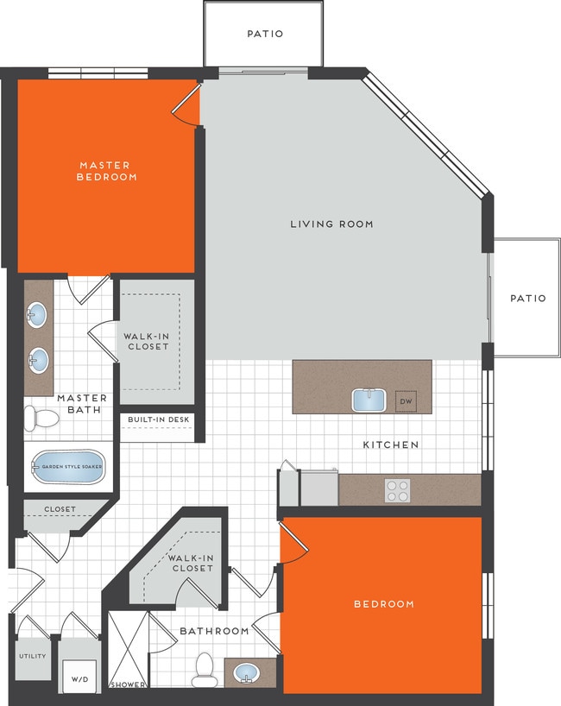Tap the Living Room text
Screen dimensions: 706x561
(x=331, y=224)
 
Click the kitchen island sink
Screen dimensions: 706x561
(x=369, y=400)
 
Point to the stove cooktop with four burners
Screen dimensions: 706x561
(x=398, y=490)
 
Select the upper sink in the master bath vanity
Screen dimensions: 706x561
(x=38, y=315)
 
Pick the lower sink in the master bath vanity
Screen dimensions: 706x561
(x=38, y=356)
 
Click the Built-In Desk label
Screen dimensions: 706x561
(x=156, y=420)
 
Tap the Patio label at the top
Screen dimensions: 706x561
(x=265, y=34)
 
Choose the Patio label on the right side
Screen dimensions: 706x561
(x=528, y=298)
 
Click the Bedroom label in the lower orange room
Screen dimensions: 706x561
(x=384, y=603)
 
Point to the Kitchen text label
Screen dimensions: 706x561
(x=391, y=444)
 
